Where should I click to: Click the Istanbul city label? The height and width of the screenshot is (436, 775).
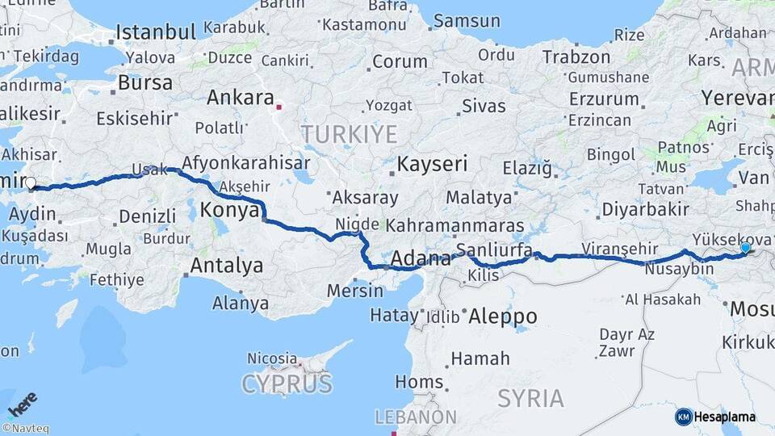click(x=156, y=32)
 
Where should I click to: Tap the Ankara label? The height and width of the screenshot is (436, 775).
click(x=240, y=98)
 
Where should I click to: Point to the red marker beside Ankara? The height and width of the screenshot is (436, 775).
click(x=279, y=106)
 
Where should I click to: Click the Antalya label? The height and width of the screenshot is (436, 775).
click(x=226, y=265)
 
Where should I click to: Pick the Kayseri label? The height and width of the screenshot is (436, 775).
click(x=432, y=165)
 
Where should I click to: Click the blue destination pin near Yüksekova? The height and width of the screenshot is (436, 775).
click(x=745, y=249)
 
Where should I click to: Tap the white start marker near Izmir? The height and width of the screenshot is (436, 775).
click(x=31, y=183)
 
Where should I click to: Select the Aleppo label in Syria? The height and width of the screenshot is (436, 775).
click(x=502, y=315)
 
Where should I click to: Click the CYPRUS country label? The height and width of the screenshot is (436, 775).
click(x=287, y=383)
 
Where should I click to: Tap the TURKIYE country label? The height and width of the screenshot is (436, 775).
click(x=349, y=134)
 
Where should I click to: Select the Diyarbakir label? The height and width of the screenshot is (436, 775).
click(x=645, y=210)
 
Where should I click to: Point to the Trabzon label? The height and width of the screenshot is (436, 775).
click(x=576, y=57)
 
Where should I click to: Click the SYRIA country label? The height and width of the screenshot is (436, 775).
click(x=530, y=398)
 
